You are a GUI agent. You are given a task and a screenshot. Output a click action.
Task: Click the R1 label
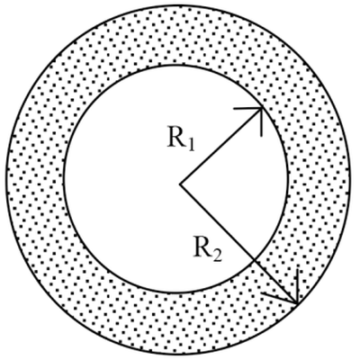[181, 139]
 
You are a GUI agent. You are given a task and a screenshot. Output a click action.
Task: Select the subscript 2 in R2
[218, 256]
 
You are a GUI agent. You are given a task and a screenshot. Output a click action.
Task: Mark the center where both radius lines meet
[180, 184]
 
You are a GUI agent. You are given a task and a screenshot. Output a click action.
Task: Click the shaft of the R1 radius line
[221, 146]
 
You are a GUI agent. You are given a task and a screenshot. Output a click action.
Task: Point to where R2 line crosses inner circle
[255, 260]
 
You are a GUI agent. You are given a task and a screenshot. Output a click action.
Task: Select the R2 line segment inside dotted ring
[276, 283]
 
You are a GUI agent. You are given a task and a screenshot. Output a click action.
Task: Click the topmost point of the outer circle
[177, 5]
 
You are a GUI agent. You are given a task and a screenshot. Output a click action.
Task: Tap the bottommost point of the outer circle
[177, 355]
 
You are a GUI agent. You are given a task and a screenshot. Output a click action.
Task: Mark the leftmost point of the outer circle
[6, 180]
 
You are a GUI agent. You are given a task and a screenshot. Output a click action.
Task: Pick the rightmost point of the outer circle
[349, 180]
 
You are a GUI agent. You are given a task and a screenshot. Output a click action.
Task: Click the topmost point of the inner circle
[176, 65]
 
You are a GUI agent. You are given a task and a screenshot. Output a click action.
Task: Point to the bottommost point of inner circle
[176, 292]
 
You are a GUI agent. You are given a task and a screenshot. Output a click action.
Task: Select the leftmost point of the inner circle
[64, 178]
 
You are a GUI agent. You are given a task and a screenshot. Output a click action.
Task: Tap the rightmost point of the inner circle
[289, 178]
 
